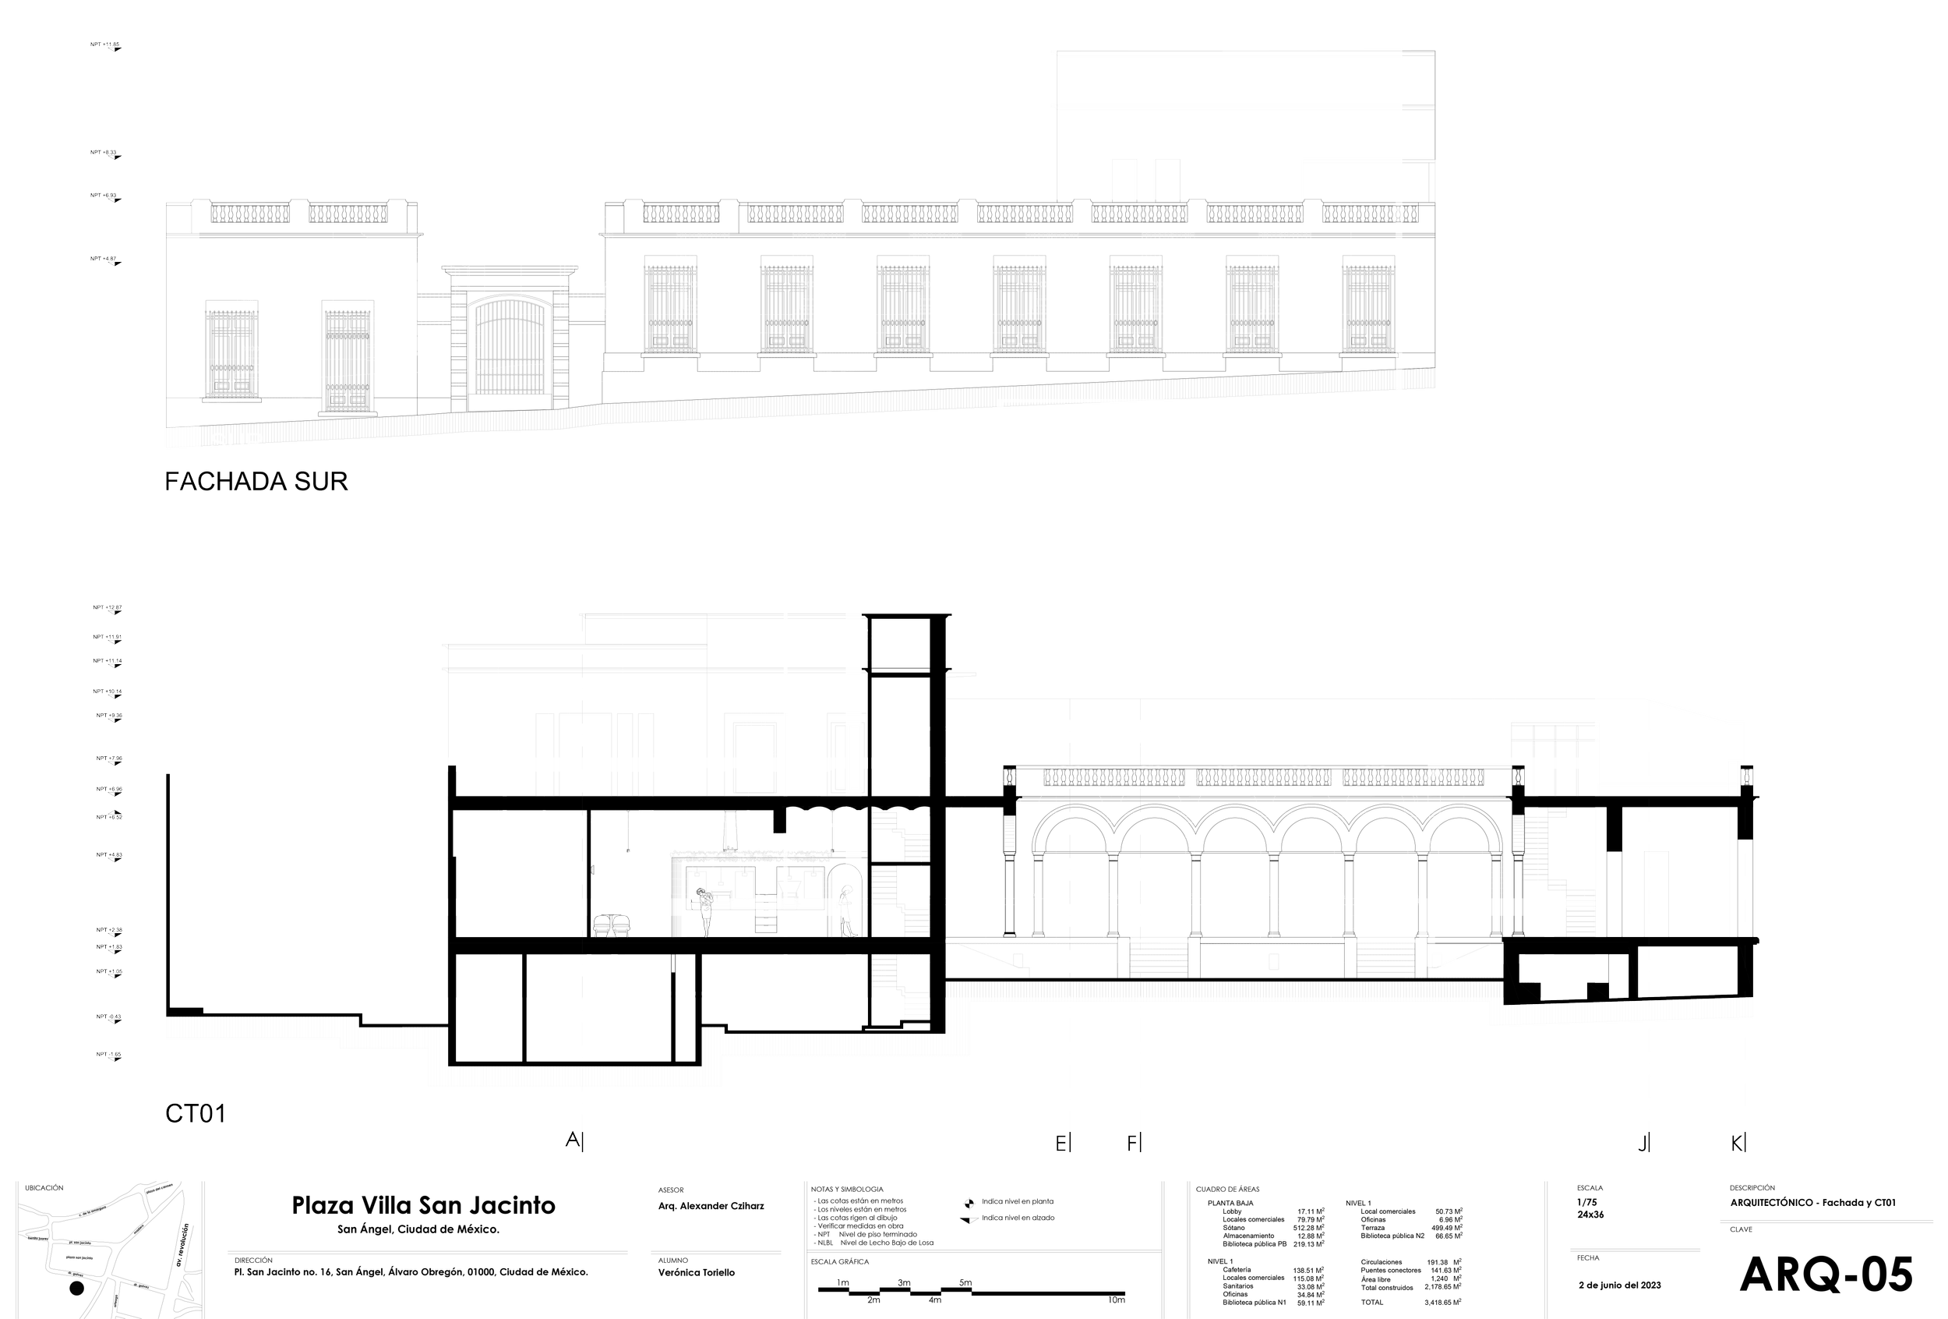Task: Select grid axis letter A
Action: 573,1140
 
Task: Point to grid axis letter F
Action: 1134,1142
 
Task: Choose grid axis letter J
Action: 1645,1142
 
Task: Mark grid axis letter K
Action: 1739,1142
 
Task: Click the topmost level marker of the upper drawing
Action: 107,46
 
